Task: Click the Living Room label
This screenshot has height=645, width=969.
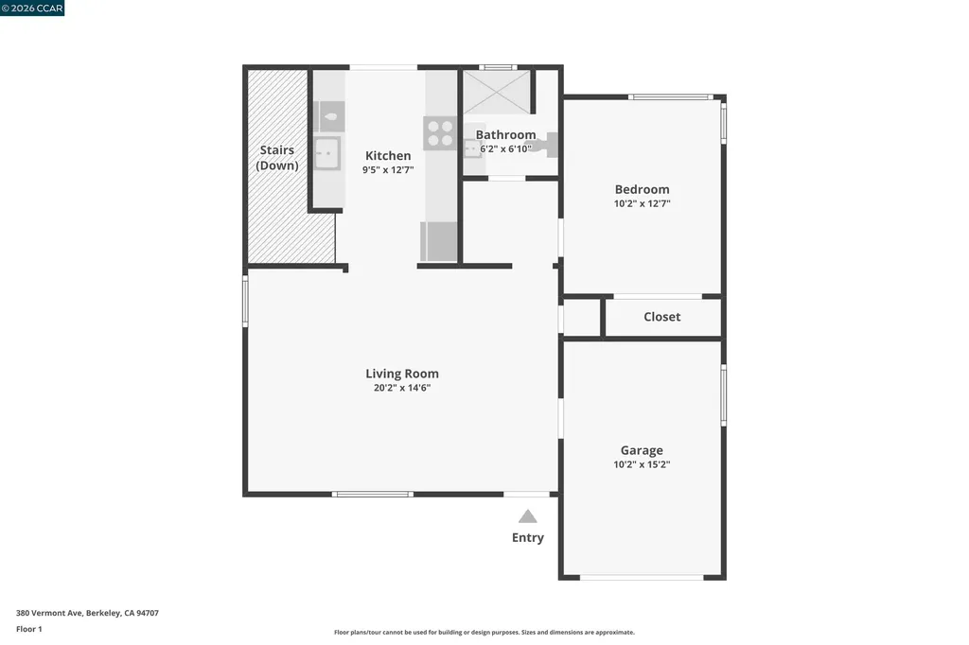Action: [402, 374]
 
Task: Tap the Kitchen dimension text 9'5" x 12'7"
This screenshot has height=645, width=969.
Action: [388, 170]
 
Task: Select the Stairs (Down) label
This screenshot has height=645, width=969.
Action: [277, 158]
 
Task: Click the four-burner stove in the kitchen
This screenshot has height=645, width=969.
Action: [439, 132]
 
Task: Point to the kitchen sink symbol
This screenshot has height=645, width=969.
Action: [327, 151]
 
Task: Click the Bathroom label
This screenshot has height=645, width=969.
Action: [505, 135]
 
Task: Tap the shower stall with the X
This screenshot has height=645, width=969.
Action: [497, 93]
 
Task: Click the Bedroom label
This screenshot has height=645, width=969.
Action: [642, 189]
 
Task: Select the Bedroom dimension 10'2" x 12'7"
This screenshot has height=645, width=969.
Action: [642, 203]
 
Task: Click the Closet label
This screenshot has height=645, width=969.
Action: [661, 317]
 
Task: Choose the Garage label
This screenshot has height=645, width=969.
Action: [642, 450]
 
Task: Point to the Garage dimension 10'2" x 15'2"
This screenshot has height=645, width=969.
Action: [642, 464]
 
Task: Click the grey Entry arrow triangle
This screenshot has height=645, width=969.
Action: [528, 516]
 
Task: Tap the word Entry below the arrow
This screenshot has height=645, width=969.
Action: [528, 538]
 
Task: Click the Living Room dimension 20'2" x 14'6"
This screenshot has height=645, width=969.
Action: [402, 388]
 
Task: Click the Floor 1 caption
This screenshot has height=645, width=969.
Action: [29, 629]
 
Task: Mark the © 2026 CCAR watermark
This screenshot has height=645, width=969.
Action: [33, 9]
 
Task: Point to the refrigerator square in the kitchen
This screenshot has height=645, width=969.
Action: [439, 240]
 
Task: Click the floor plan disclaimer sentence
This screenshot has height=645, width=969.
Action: [484, 633]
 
